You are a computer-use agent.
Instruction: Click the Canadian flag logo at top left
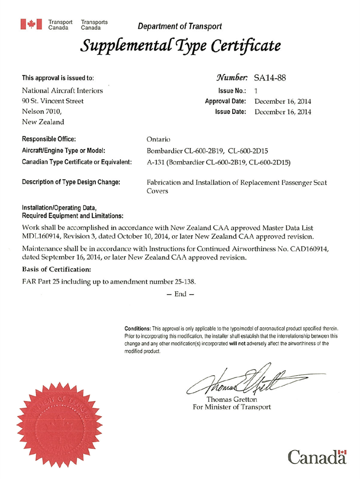[x=31, y=24]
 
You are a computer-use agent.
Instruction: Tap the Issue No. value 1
[x=257, y=90]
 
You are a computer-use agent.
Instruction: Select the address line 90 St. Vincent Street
[x=52, y=101]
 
